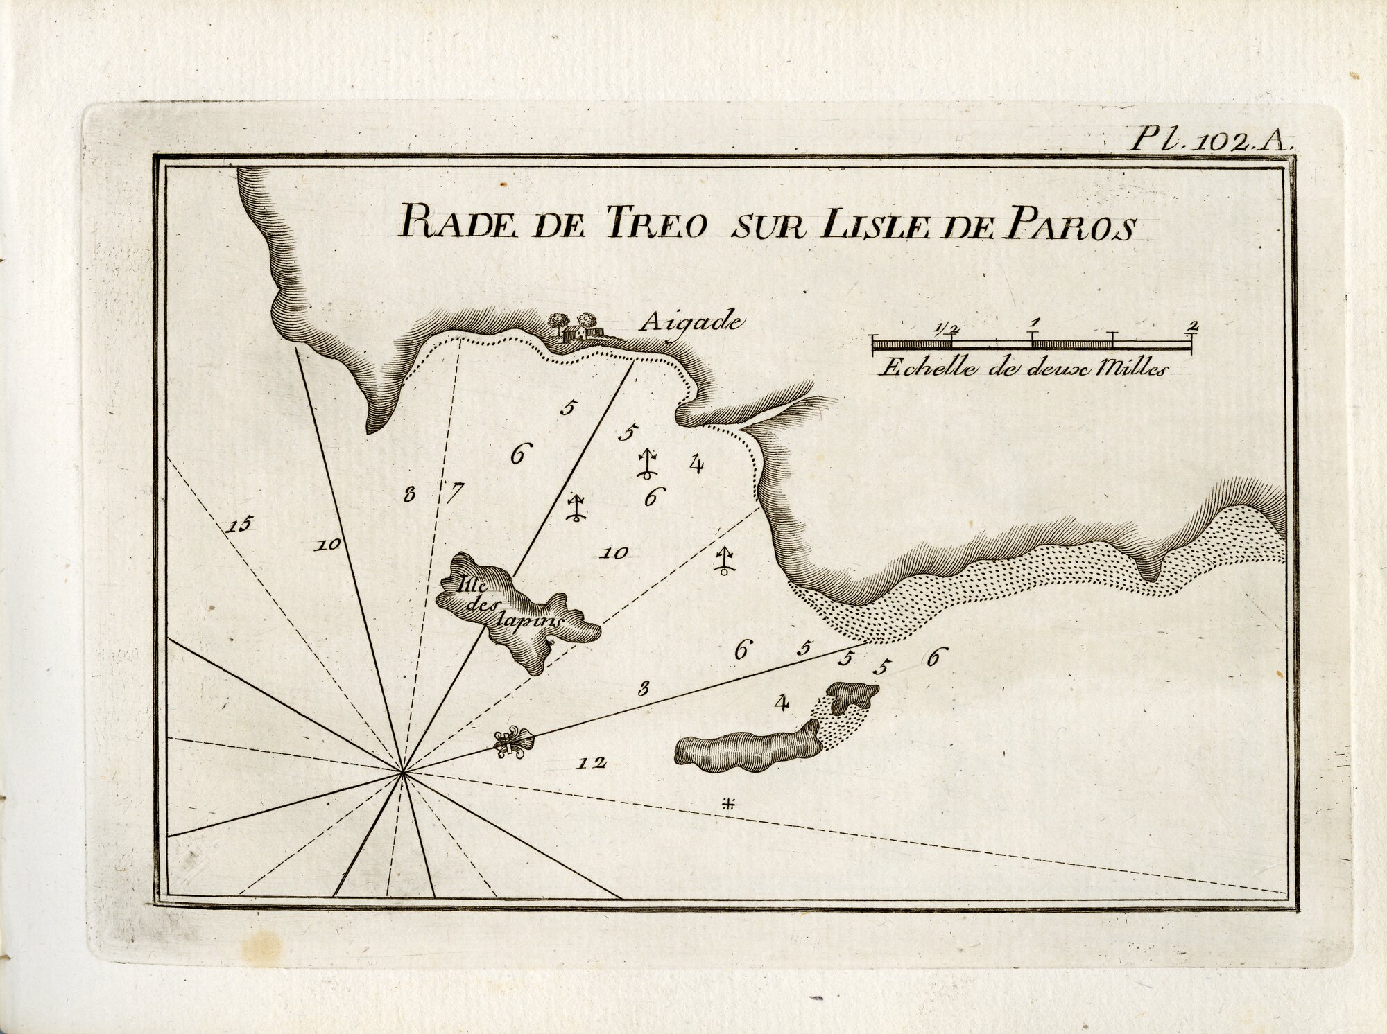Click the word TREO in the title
pyautogui.click(x=655, y=226)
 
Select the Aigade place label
pyautogui.click(x=691, y=322)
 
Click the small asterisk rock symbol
pyautogui.click(x=727, y=804)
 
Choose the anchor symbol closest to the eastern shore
pyautogui.click(x=724, y=561)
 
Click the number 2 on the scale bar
pyautogui.click(x=1194, y=324)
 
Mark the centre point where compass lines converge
pyautogui.click(x=403, y=771)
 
